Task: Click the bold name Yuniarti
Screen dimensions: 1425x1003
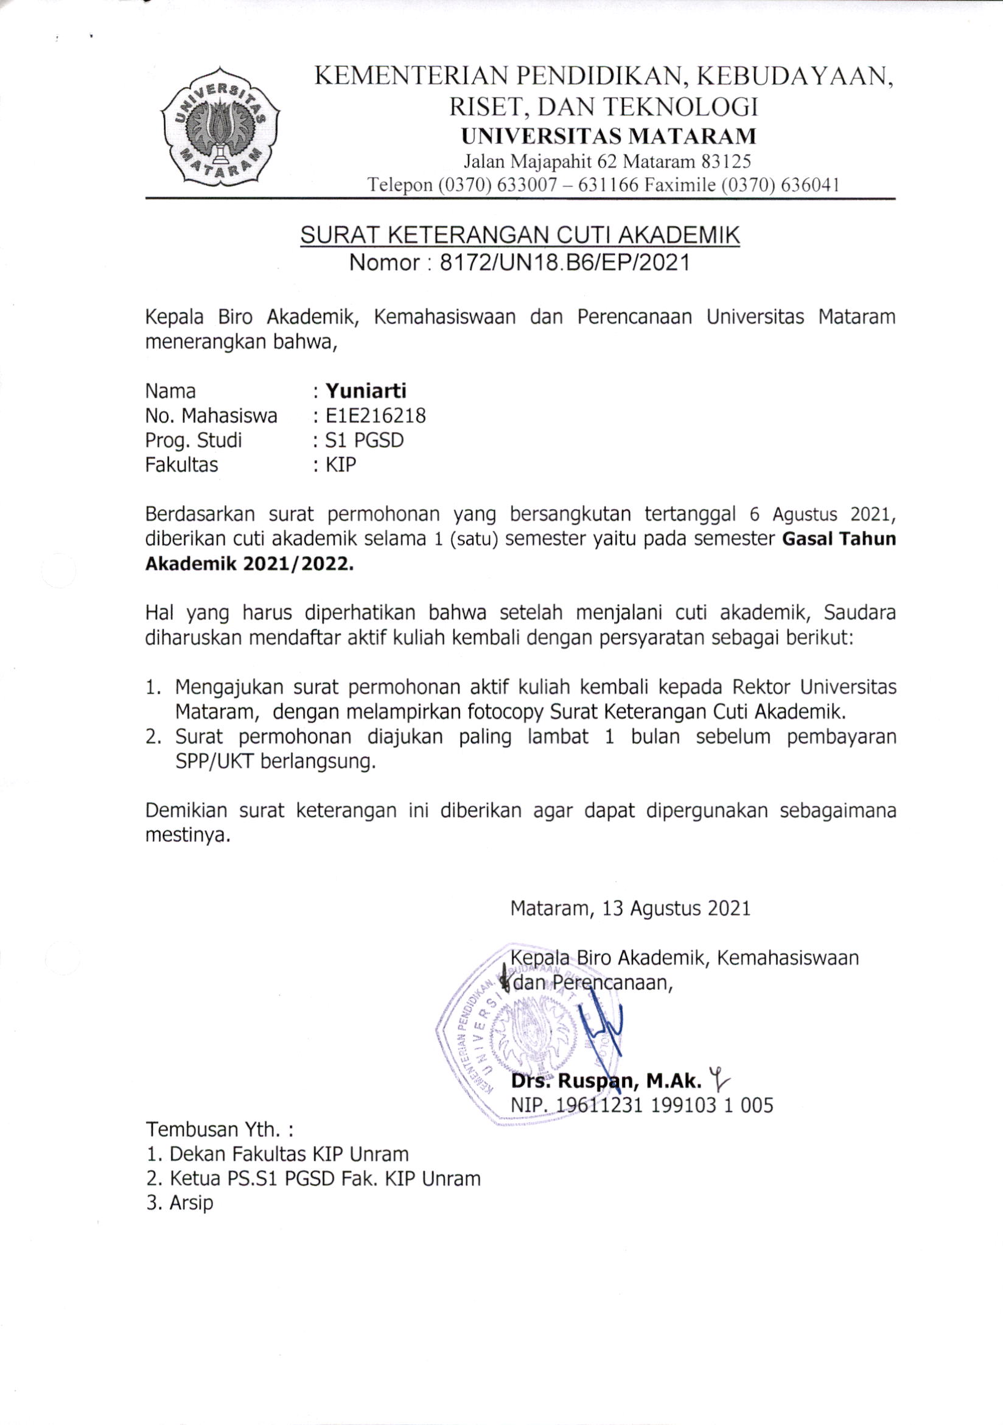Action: (366, 391)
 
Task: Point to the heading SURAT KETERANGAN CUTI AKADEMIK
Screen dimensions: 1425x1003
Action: (520, 236)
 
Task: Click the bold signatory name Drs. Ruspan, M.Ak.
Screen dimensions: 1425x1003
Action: (606, 1082)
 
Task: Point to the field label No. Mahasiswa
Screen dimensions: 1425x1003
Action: (211, 415)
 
